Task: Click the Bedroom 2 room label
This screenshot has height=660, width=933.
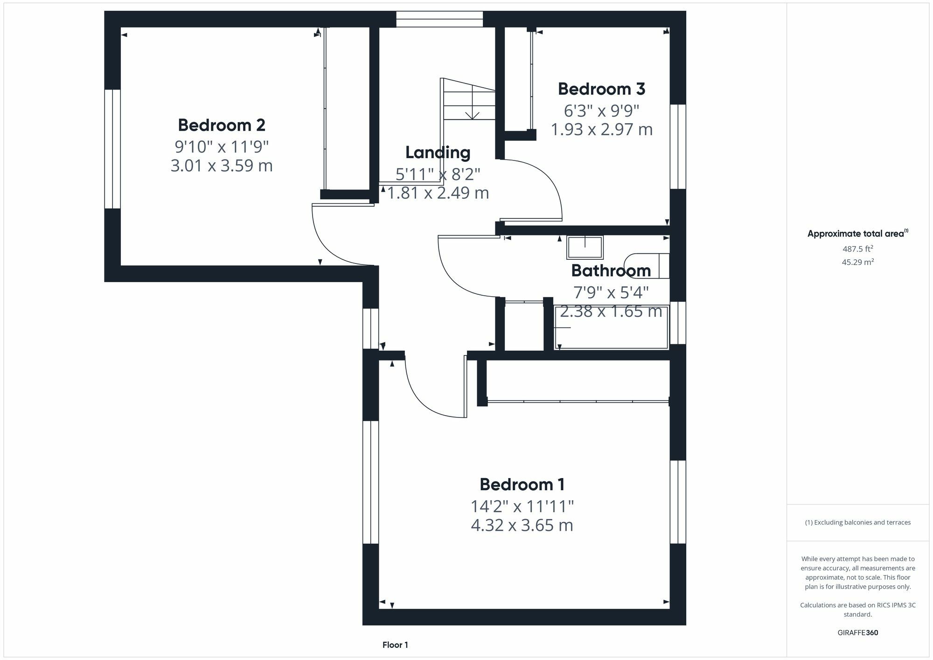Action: [x=222, y=125]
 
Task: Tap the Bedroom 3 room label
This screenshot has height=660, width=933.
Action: [x=601, y=89]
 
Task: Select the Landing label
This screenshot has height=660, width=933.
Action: [x=438, y=153]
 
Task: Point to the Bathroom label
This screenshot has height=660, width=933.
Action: [x=611, y=271]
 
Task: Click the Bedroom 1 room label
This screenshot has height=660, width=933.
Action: [x=522, y=484]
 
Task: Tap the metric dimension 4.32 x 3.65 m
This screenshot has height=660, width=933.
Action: [x=522, y=525]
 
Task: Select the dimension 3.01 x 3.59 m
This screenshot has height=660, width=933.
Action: [x=222, y=166]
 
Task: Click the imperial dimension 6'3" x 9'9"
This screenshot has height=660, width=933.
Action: [x=601, y=111]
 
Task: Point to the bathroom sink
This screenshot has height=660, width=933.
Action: [x=585, y=247]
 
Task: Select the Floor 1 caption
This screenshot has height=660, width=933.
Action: [x=395, y=645]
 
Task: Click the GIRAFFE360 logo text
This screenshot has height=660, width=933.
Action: [x=858, y=633]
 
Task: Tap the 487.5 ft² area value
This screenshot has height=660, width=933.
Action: [x=858, y=249]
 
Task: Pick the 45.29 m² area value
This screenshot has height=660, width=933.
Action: [x=858, y=262]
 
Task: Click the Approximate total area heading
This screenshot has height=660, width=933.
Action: [x=858, y=234]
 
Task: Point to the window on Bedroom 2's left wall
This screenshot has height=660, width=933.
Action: [x=112, y=149]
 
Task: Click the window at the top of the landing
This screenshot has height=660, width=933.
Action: [x=439, y=19]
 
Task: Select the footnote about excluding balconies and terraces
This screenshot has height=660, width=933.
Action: [x=858, y=522]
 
